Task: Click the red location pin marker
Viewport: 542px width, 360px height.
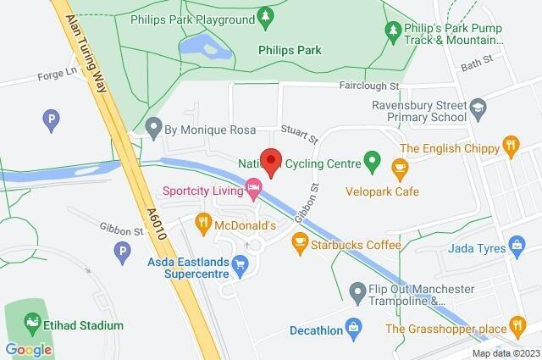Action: pos(271,161)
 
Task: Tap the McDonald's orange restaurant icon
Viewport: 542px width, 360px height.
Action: pos(202,224)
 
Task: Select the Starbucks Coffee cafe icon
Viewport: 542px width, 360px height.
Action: pos(298,243)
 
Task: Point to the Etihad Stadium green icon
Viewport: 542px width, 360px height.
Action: pos(31,323)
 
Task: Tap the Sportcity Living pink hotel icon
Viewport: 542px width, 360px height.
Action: pos(252,186)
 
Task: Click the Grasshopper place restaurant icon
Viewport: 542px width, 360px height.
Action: pos(517,325)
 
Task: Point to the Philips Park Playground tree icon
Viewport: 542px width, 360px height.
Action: pos(265,15)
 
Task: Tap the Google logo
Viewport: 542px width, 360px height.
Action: pos(29,349)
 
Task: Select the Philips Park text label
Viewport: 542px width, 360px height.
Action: pos(290,51)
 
